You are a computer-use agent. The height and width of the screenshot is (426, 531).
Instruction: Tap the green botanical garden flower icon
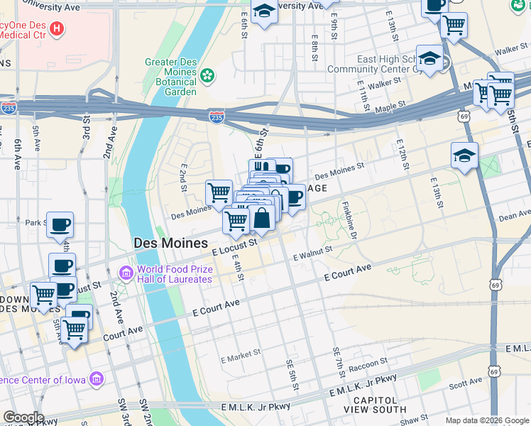[x=207, y=75]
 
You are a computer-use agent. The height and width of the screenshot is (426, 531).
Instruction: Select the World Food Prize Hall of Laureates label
[x=175, y=273]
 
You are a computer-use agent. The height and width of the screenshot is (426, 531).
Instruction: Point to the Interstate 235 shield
[x=217, y=116]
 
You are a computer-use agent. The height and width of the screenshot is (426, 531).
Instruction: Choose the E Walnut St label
[x=312, y=252]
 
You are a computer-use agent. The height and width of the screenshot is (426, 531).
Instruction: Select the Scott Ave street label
[x=466, y=384]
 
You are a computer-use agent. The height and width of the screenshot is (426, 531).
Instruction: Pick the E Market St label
[x=241, y=354]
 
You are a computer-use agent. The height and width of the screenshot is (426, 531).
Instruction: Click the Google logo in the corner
[x=23, y=417]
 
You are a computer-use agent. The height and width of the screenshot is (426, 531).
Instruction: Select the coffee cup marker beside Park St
[x=60, y=225]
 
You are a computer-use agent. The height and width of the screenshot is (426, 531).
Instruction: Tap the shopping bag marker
[x=261, y=218]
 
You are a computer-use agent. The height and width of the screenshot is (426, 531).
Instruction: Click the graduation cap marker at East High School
[x=429, y=59]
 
